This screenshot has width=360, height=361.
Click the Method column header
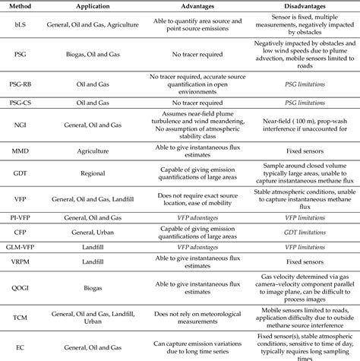pyautogui.click(x=20, y=5)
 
